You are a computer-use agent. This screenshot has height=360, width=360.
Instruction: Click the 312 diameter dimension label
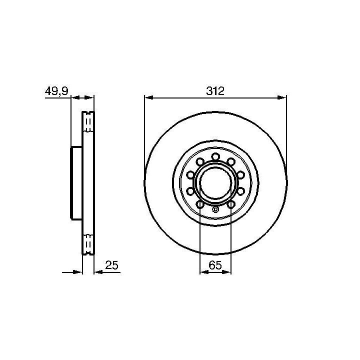tap(215, 91)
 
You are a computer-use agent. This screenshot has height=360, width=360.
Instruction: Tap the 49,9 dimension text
tap(56, 91)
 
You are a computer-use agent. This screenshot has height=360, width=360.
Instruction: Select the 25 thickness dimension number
tap(111, 265)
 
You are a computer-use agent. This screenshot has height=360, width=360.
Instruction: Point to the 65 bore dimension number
tap(215, 265)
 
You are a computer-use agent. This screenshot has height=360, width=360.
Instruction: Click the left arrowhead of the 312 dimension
tap(149, 97)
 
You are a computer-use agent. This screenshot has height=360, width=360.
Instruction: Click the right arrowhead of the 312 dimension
tap(282, 97)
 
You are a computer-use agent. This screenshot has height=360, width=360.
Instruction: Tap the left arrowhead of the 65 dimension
tap(204, 272)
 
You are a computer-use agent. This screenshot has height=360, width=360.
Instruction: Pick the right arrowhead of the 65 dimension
tap(226, 272)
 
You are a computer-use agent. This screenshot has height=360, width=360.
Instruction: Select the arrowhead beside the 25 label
tap(98, 272)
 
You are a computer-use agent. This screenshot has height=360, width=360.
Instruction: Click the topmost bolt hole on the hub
tap(215, 157)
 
